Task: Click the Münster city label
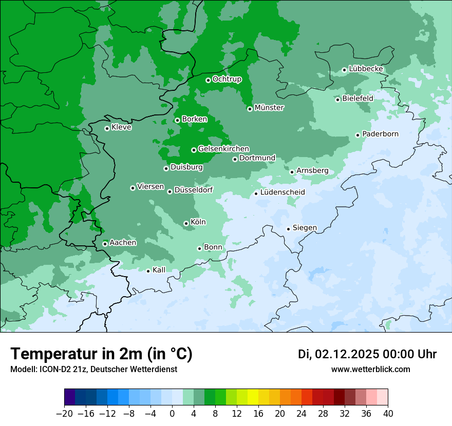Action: point(269,108)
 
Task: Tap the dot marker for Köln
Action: point(186,223)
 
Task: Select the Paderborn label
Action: point(380,134)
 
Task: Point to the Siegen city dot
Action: point(289,229)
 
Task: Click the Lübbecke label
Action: point(366,69)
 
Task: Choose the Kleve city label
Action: point(122,127)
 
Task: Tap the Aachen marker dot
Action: point(105,244)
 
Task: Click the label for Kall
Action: point(159,270)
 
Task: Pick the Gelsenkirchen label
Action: point(223,149)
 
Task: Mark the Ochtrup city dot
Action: point(208,80)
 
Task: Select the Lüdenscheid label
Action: point(282,192)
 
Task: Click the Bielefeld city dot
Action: point(337,100)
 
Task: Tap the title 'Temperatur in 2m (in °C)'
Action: point(101,354)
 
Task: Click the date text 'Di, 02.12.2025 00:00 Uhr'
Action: point(367,354)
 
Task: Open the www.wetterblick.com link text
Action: point(370,370)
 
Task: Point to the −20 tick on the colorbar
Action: point(65,414)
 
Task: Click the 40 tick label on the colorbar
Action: point(388,414)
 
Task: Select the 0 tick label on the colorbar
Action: point(172,414)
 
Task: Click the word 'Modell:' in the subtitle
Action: point(23,370)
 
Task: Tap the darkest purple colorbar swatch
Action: point(70,397)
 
